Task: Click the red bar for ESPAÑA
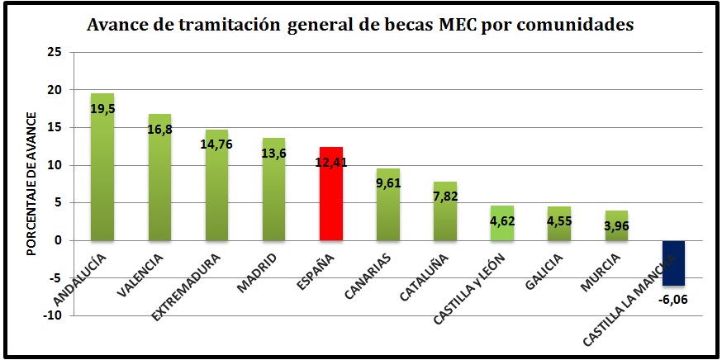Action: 331,193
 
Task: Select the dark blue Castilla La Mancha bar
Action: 673,263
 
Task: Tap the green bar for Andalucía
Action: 102,167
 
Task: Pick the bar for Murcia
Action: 616,225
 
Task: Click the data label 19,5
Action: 102,110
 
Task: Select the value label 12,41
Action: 331,162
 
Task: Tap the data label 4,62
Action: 502,220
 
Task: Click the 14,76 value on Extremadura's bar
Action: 216,144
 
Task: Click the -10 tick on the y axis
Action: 57,315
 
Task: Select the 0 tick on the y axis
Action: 64,241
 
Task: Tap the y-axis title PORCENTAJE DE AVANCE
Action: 31,184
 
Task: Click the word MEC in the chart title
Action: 452,26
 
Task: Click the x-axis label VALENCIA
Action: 140,274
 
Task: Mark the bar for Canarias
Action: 388,205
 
